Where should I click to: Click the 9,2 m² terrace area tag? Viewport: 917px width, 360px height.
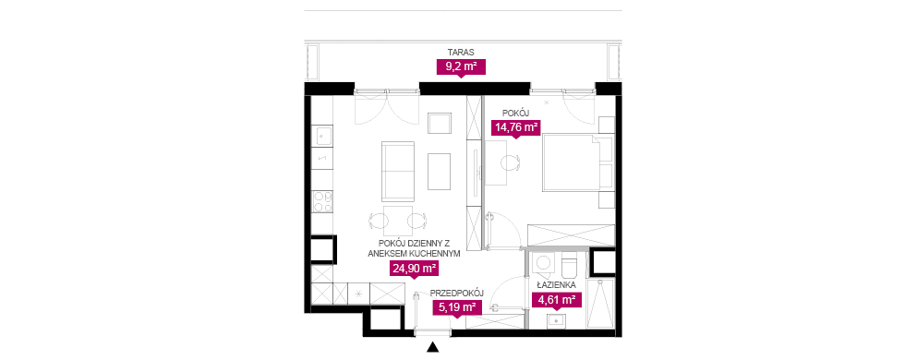pyautogui.click(x=462, y=67)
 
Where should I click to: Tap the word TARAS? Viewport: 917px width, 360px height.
pyautogui.click(x=461, y=53)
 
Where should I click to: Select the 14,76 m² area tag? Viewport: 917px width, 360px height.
pyautogui.click(x=514, y=128)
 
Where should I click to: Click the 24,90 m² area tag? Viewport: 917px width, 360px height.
pyautogui.click(x=414, y=269)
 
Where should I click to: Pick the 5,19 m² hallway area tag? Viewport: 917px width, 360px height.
pyautogui.click(x=457, y=306)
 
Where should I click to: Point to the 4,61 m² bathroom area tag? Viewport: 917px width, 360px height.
pyautogui.click(x=556, y=301)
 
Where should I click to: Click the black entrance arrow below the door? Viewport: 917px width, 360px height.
pyautogui.click(x=433, y=347)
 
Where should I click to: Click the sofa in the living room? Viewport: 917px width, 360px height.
pyautogui.click(x=397, y=171)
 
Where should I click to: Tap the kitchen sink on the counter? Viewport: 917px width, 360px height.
pyautogui.click(x=321, y=137)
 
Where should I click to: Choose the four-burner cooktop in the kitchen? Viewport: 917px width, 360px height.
pyautogui.click(x=322, y=201)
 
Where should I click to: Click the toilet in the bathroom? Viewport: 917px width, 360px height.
pyautogui.click(x=570, y=265)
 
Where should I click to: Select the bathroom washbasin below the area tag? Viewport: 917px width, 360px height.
pyautogui.click(x=556, y=320)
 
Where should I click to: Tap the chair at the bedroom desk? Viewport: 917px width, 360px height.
pyautogui.click(x=513, y=163)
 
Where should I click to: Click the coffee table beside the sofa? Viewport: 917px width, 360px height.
pyautogui.click(x=439, y=172)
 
